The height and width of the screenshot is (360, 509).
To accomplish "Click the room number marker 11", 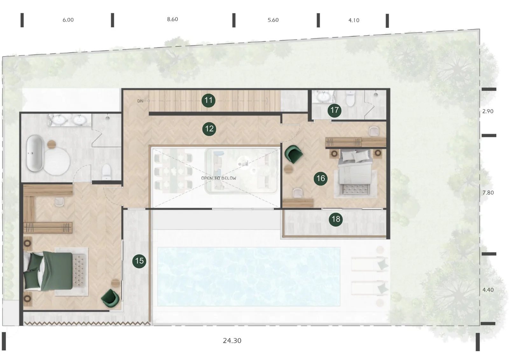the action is (208, 100).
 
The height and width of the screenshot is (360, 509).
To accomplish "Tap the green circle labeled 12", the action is (209, 129).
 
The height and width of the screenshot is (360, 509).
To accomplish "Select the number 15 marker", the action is (139, 261).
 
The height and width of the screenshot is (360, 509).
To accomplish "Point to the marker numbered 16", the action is (320, 179).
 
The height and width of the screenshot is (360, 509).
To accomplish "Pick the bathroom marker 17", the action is (334, 110).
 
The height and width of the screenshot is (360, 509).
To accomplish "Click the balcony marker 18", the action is (336, 219).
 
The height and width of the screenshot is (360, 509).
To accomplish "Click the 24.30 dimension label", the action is (232, 341).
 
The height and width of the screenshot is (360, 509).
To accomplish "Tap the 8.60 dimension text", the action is (172, 19).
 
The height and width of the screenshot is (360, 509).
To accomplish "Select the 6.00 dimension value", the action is (68, 20).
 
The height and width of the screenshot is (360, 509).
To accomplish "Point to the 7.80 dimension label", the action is (488, 193).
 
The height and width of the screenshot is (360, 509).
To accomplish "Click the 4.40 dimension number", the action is (488, 290).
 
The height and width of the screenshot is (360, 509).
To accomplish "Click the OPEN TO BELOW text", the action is (219, 178).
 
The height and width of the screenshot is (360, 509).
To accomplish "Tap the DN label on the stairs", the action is (140, 101).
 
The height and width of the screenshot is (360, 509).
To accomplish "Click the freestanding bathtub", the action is (35, 153).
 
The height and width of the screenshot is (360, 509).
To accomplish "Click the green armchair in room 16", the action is (293, 154).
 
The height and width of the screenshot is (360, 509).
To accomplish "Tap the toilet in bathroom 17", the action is (350, 98).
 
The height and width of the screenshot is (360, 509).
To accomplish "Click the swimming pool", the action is (249, 277).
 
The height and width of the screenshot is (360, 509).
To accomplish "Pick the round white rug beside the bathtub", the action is (57, 161).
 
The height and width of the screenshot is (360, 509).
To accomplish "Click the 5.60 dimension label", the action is (273, 20).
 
